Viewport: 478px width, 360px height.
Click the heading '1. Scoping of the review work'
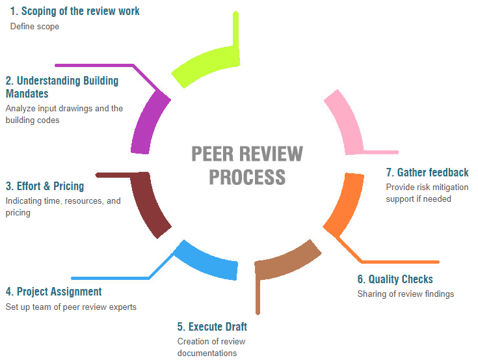tap(75, 11)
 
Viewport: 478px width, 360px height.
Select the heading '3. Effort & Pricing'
tap(45, 186)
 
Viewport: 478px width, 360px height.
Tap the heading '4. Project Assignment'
tap(53, 292)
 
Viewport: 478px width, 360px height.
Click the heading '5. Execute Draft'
tap(212, 327)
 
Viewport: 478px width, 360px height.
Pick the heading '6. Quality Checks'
tap(395, 279)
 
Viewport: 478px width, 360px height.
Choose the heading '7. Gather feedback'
tap(427, 173)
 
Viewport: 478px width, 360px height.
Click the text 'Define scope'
tap(34, 27)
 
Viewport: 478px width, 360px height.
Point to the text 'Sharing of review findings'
tap(405, 294)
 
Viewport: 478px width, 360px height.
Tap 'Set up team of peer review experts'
tap(71, 307)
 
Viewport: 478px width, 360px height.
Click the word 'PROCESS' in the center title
tap(247, 176)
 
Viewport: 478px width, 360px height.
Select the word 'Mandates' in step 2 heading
tap(27, 94)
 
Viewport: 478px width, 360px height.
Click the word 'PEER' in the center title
tap(213, 154)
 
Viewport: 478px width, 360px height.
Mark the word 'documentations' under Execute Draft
tap(207, 353)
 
